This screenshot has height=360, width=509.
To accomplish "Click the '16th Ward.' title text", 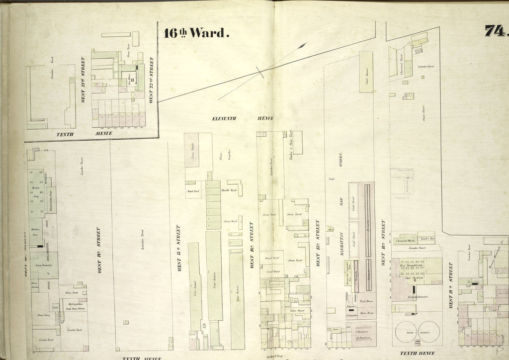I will point(196,33).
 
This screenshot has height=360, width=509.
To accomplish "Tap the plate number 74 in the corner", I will point(496,31).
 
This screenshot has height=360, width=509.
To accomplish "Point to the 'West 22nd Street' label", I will point(151,80).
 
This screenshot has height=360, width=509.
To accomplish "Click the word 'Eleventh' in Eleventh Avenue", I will point(224,118).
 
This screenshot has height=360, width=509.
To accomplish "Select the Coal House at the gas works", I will point(366,72).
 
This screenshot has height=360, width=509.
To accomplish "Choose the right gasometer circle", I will point(429,332).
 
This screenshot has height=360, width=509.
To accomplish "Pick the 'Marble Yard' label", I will point(230,189).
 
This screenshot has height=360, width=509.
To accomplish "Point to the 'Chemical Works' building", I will point(405,241).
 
